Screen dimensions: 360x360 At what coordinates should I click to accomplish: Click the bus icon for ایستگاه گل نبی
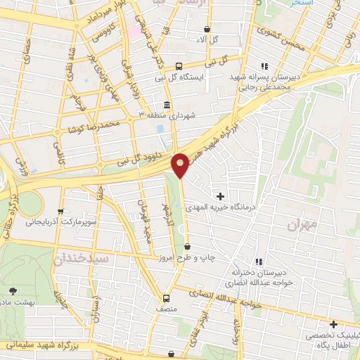179,65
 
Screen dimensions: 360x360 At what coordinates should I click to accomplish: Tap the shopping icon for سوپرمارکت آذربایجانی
61,210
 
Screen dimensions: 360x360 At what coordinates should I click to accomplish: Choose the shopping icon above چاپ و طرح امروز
187,246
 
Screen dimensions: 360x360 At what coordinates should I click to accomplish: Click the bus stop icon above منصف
166,297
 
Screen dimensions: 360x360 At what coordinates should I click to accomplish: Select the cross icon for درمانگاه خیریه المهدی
221,195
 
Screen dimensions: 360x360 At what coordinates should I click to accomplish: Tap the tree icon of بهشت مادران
13,290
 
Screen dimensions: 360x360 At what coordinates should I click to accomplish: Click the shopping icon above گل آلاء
207,29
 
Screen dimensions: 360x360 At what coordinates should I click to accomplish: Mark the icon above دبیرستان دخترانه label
258,263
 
